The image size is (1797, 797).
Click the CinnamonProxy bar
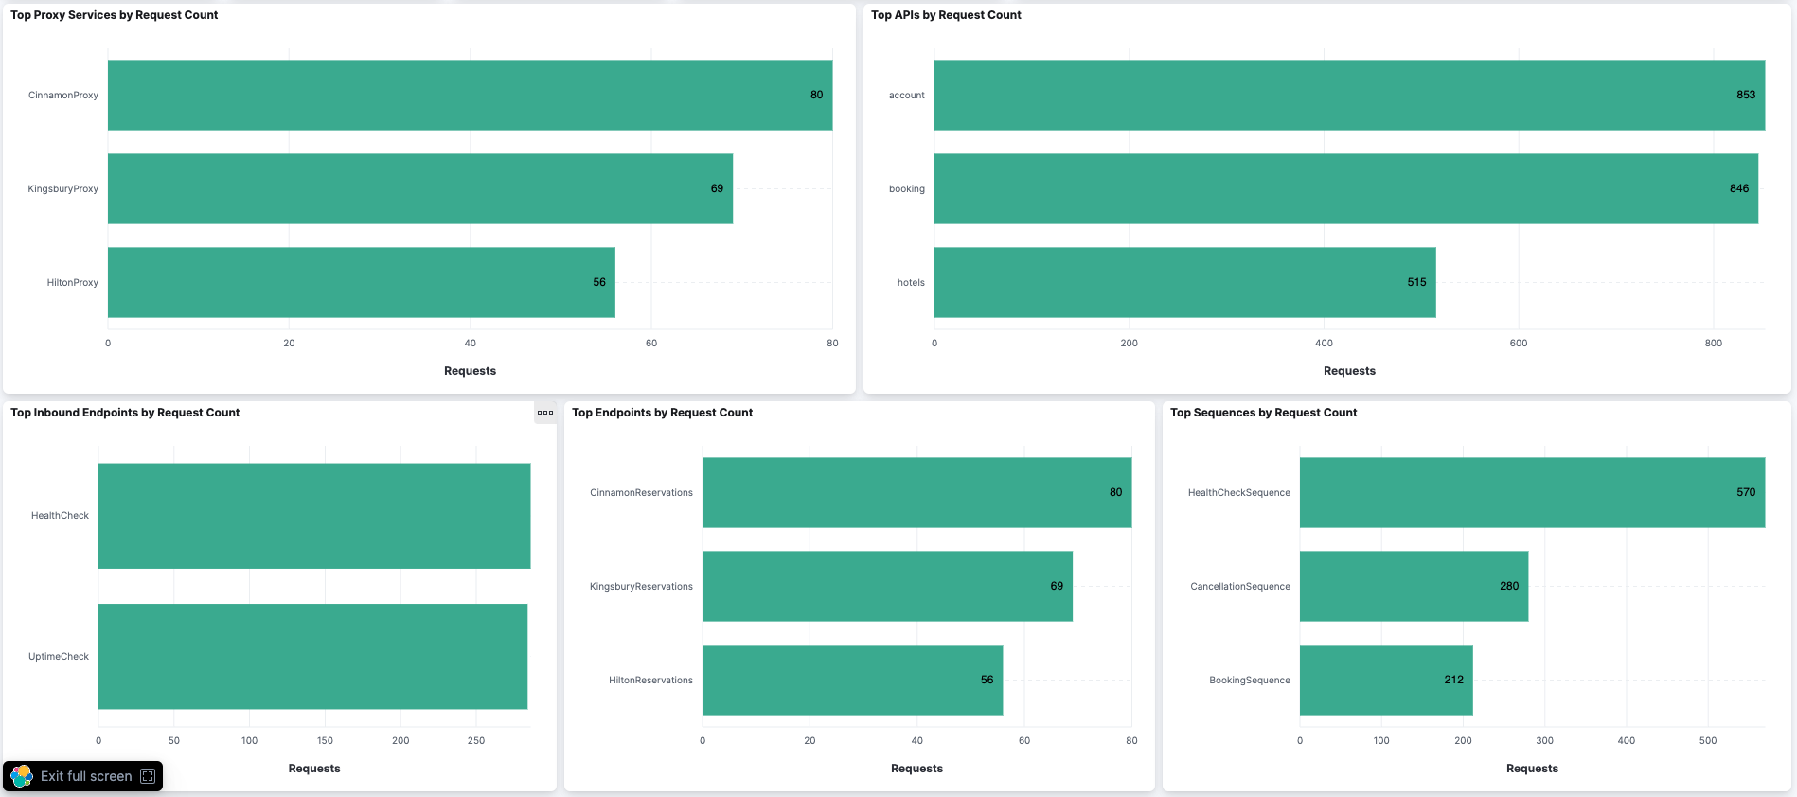[470, 95]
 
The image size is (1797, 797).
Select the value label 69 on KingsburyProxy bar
[717, 188]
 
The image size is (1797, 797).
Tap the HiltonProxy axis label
[72, 282]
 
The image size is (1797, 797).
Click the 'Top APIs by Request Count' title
[945, 15]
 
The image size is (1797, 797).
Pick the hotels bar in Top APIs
[1183, 282]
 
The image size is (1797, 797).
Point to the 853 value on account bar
[1745, 95]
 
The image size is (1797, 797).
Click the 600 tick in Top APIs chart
[1518, 343]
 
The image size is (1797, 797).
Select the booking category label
[906, 188]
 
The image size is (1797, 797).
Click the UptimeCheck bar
[312, 656]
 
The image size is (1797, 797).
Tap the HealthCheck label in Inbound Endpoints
[60, 516]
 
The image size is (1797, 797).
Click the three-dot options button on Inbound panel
[545, 413]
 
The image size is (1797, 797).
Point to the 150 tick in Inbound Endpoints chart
[325, 740]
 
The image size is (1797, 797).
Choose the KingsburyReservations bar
[886, 586]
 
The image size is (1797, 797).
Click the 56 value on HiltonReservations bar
[987, 680]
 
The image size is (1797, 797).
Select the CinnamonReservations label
[641, 492]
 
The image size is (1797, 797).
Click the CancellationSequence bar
[1413, 586]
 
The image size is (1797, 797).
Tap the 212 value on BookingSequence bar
[1453, 680]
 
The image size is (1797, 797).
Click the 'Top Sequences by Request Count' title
[1263, 413]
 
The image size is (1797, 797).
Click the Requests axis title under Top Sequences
[1531, 769]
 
